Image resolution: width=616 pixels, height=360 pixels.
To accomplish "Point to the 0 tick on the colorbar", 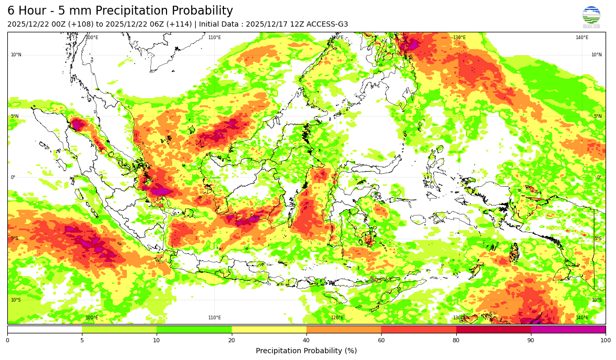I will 7,341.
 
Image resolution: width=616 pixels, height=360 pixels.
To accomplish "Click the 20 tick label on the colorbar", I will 231,341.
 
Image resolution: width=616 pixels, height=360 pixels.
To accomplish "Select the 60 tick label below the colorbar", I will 381,341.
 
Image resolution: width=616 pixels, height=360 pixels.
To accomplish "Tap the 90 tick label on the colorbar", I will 531,341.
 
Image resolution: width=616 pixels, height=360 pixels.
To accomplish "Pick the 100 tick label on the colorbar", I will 605,341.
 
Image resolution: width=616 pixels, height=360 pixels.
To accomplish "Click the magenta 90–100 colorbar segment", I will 568,329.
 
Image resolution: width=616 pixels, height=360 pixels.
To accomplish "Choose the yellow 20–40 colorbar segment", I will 269,329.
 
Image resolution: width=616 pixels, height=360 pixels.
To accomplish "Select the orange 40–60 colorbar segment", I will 343,329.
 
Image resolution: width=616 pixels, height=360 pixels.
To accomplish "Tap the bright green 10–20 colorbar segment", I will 194,329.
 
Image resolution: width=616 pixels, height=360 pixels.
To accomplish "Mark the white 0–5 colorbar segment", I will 44,329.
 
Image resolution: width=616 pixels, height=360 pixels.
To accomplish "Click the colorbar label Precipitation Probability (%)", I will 306,351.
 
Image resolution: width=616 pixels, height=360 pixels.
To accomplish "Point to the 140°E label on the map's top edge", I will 582,38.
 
